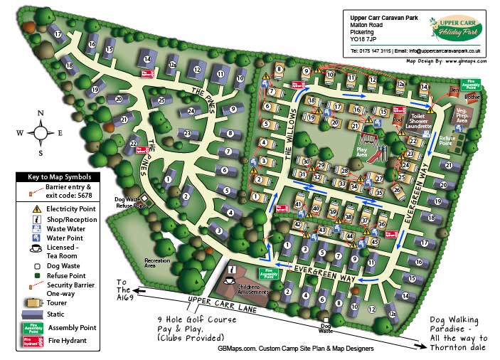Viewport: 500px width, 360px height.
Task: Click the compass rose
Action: pyautogui.click(x=41, y=132)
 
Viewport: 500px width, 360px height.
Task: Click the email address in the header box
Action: pyautogui.click(x=440, y=51)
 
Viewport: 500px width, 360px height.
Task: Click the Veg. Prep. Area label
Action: pyautogui.click(x=463, y=116)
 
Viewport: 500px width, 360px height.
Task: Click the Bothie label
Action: pyautogui.click(x=471, y=95)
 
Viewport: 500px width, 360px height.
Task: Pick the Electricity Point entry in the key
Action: pyautogui.click(x=72, y=208)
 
